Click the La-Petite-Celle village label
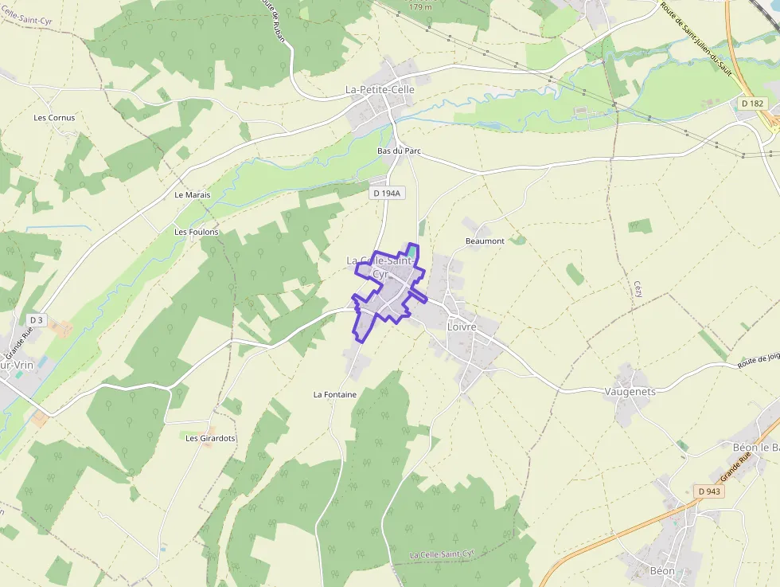pos(380,90)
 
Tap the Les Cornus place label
pos(54,118)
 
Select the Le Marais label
pos(191,194)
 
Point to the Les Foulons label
pos(196,232)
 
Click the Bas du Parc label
pos(399,151)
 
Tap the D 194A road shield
pos(388,193)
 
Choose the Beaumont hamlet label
pos(485,241)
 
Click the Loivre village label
pos(462,327)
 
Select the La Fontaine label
pos(334,394)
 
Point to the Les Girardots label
pos(210,438)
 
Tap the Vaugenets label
pos(630,392)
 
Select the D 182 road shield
pos(751,104)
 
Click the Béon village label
pos(662,570)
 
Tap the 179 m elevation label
pos(419,7)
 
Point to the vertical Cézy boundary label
pos(638,288)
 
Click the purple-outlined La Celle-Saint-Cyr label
pos(380,267)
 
